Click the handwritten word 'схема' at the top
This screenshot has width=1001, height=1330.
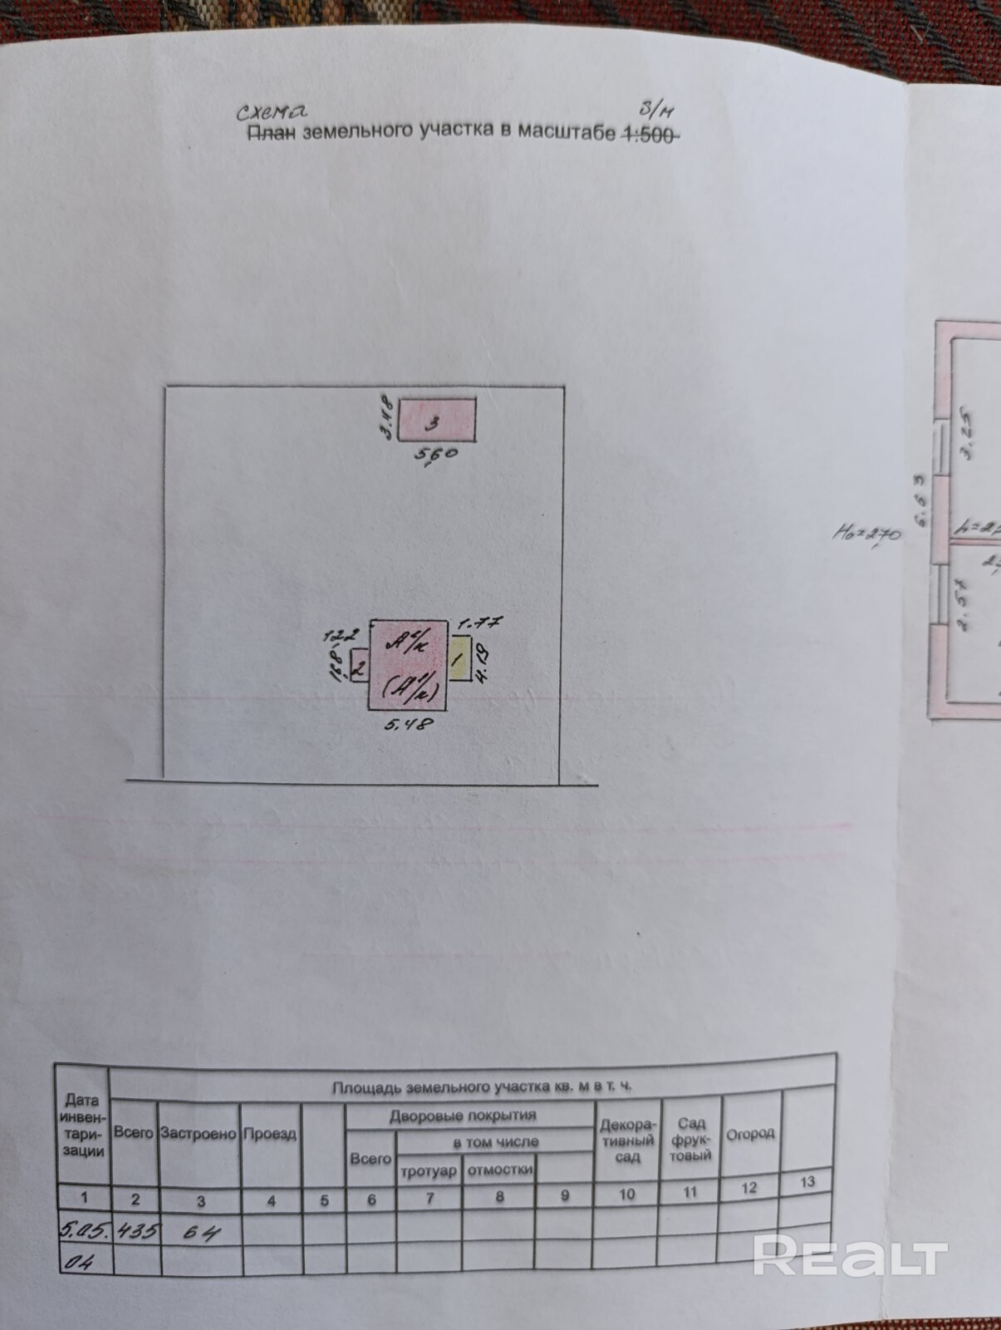(x=271, y=111)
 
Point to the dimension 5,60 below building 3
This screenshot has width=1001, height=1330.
(x=435, y=456)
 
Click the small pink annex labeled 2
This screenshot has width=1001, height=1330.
(x=360, y=666)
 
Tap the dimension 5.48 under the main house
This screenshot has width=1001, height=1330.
(x=408, y=724)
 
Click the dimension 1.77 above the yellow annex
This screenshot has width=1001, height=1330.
(x=479, y=623)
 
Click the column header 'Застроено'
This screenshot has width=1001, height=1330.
(x=199, y=1133)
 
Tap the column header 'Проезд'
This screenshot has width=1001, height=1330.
(x=270, y=1134)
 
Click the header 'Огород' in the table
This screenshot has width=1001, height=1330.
(x=750, y=1134)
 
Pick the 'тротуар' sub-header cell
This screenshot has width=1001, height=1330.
(x=429, y=1171)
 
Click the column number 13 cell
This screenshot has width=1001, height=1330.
(x=807, y=1182)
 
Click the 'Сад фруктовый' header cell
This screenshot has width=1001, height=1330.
(x=690, y=1139)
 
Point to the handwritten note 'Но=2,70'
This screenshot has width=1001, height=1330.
(x=866, y=531)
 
